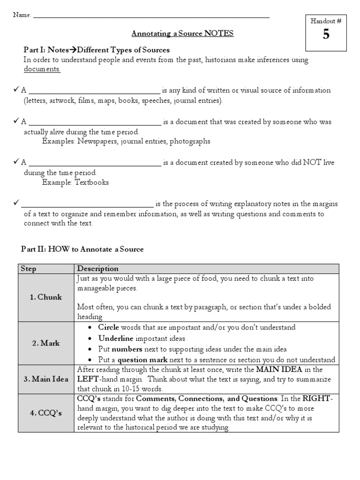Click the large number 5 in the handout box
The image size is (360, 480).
326,35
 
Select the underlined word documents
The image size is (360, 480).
42,69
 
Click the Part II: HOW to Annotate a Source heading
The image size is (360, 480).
82,249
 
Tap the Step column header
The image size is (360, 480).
28,269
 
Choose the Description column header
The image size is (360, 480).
97,269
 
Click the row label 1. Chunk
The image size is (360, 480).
46,297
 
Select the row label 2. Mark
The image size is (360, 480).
46,343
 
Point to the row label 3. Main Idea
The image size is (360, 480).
46,379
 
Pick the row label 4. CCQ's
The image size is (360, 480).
46,413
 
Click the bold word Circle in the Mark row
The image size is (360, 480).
108,327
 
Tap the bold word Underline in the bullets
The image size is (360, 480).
116,338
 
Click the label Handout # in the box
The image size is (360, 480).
326,21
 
